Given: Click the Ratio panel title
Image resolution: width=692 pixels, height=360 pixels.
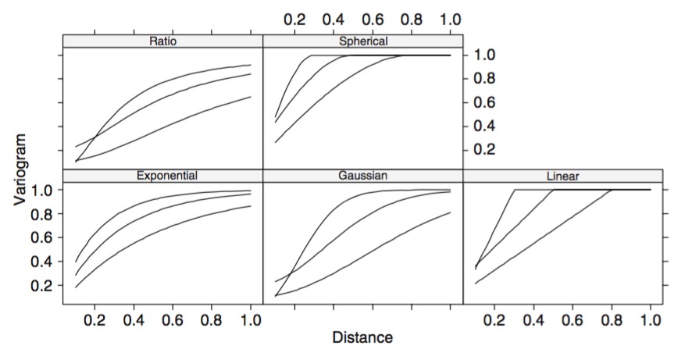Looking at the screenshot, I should (163, 41).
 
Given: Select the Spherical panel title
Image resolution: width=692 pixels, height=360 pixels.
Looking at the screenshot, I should (363, 41).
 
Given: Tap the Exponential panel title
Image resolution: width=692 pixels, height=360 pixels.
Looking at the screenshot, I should (163, 175).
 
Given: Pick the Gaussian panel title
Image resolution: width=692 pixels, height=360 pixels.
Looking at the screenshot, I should (363, 175).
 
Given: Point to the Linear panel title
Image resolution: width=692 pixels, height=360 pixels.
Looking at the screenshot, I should (563, 175).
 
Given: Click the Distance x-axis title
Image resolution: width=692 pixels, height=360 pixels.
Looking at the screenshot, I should (362, 338).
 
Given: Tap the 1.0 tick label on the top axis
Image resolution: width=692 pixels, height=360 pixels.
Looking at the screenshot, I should (451, 19).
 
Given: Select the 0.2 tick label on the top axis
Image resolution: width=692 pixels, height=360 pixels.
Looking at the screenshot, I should (294, 19).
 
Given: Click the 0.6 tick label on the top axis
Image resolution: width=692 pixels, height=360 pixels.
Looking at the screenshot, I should (373, 19).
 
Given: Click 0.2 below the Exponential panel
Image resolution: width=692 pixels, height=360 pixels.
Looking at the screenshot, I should (95, 319).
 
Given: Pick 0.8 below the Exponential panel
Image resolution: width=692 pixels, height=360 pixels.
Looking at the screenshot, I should (212, 319).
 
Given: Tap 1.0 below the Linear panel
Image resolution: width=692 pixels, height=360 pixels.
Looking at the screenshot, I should (651, 319).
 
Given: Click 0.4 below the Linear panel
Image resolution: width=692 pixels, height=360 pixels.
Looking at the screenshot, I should (533, 319).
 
